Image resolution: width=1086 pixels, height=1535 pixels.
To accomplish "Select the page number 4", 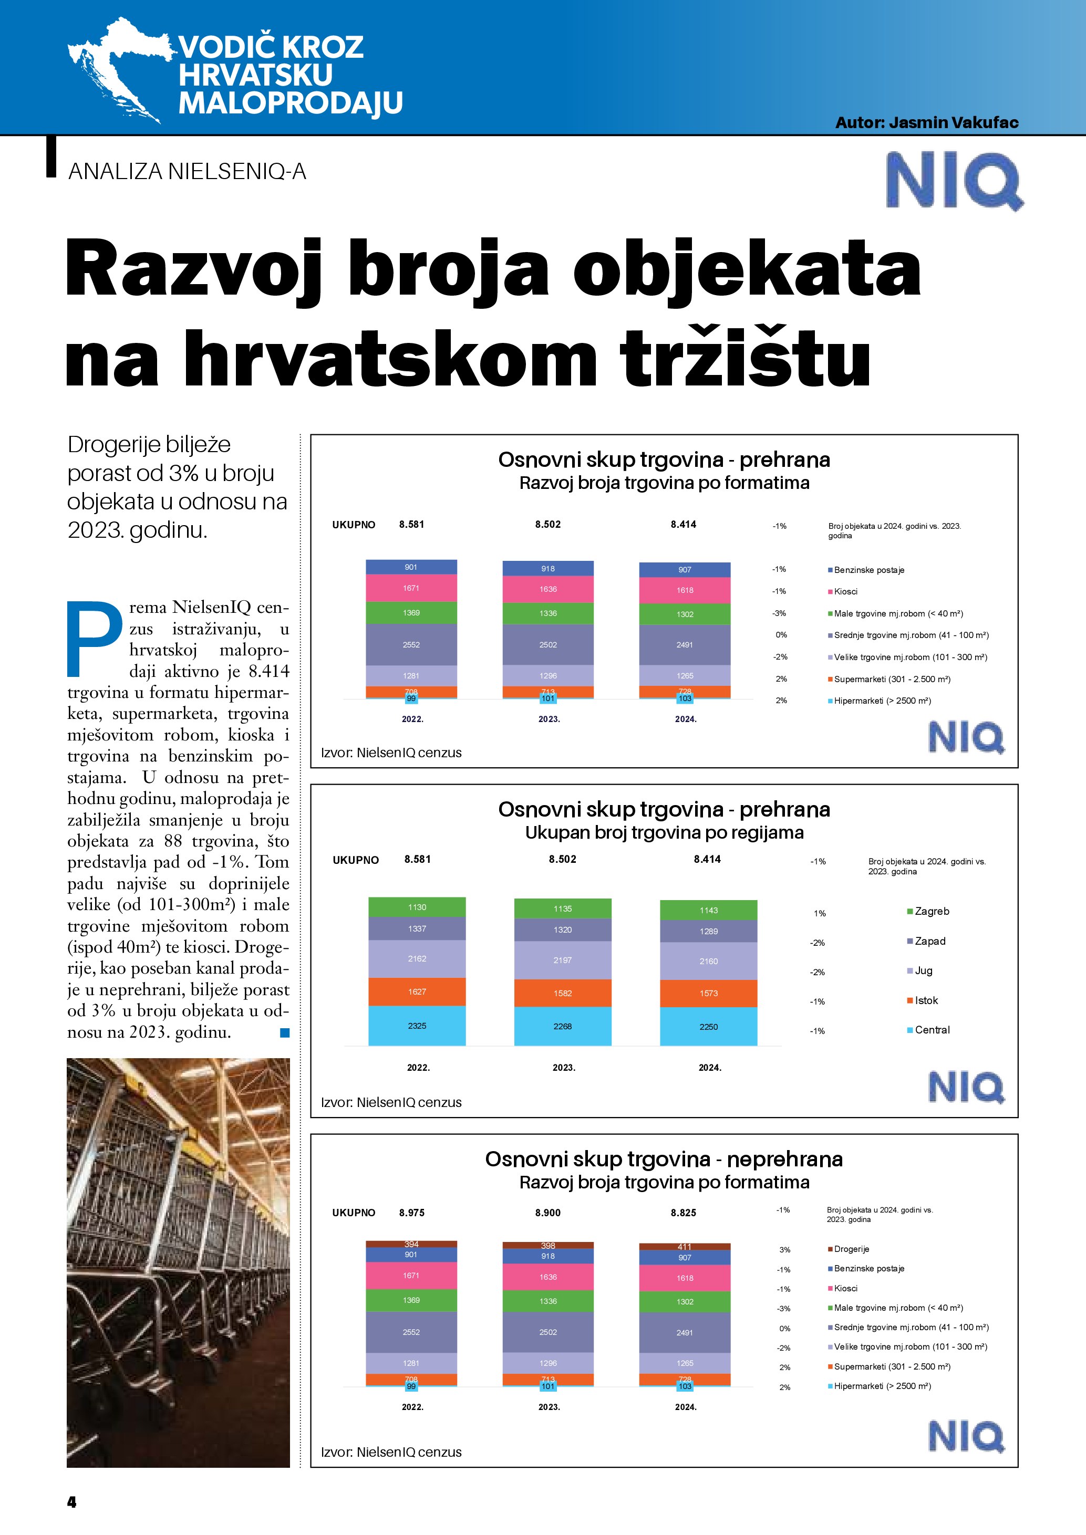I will point(72,1501).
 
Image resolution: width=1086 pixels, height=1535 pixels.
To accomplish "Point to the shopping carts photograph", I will point(179,1263).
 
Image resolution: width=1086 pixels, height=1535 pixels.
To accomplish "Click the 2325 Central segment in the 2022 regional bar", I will point(417,1026).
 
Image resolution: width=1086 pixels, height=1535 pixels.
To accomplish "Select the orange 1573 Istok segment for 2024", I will point(708,994).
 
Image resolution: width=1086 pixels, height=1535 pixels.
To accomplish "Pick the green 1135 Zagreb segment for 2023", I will point(562,909).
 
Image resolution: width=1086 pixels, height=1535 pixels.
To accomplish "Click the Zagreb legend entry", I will point(931,911).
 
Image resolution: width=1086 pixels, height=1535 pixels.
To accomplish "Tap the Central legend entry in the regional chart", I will point(931,1030).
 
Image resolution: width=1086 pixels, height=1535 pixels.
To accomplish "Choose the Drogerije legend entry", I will point(851,1249).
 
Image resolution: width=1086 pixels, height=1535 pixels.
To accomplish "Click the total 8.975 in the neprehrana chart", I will point(412,1213).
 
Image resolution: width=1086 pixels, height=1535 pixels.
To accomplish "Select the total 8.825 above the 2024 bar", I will point(684,1213).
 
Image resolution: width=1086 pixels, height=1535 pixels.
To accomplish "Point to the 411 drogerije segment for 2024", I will point(685,1247).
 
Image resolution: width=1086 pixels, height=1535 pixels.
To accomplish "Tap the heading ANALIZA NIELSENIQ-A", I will point(187,172).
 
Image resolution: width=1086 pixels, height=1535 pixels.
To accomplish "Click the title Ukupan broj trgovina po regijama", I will point(664,832).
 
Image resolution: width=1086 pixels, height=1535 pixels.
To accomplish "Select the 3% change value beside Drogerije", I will point(784,1249).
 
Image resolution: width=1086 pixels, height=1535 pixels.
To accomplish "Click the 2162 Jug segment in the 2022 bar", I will point(417,959).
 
